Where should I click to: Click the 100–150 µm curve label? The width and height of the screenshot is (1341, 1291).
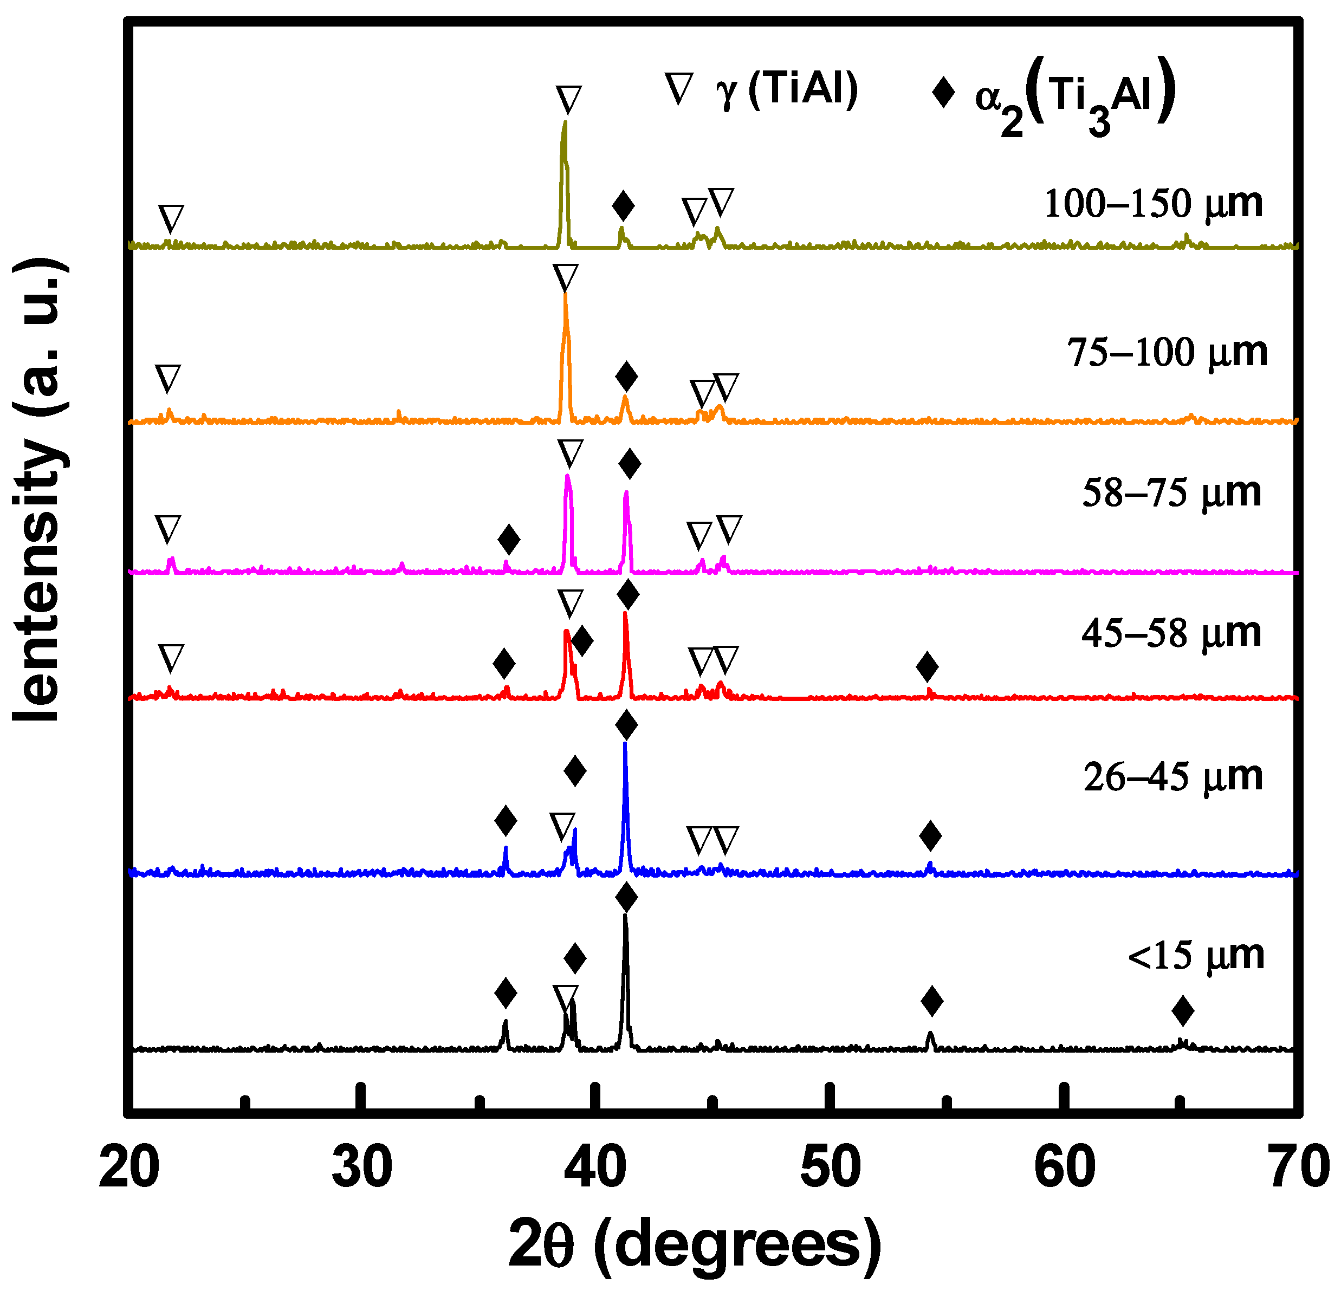[1153, 203]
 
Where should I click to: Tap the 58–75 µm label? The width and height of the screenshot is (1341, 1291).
[1171, 492]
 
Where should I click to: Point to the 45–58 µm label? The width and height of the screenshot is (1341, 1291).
[1171, 633]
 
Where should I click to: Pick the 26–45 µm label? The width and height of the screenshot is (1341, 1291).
[1172, 776]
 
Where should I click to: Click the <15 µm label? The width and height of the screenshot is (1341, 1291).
[1195, 955]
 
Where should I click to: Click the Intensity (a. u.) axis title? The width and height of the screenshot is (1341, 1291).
[41, 489]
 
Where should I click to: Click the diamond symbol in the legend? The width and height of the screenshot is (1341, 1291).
[943, 92]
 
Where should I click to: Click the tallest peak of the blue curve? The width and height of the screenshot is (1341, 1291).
[625, 744]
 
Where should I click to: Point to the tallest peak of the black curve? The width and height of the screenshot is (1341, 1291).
[625, 917]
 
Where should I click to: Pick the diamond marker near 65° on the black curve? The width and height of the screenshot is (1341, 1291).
[1182, 1011]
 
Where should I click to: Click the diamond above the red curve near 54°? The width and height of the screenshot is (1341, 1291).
[927, 667]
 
